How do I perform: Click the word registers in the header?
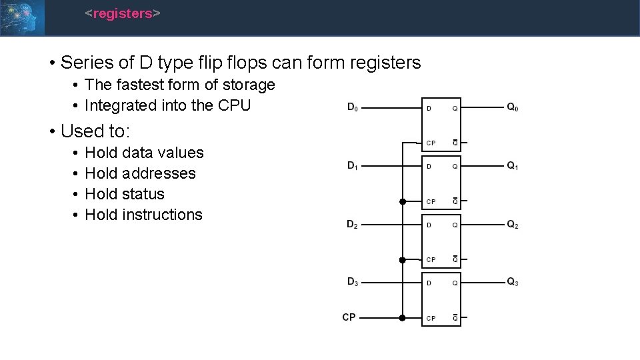pyautogui.click(x=123, y=13)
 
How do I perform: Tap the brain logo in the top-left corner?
pyautogui.click(x=22, y=17)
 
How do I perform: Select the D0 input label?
pyautogui.click(x=352, y=107)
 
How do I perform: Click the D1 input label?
pyautogui.click(x=352, y=166)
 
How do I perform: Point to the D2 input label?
pyautogui.click(x=352, y=225)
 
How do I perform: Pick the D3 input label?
pyautogui.click(x=352, y=282)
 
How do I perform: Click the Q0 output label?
pyautogui.click(x=512, y=107)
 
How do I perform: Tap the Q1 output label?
pyautogui.click(x=512, y=166)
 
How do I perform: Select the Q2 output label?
pyautogui.click(x=512, y=225)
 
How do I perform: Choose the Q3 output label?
pyautogui.click(x=512, y=282)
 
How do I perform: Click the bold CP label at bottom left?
pyautogui.click(x=349, y=317)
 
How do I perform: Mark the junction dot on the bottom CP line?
pyautogui.click(x=402, y=318)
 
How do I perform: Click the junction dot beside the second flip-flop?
pyautogui.click(x=402, y=201)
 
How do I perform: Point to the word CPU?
pyautogui.click(x=235, y=105)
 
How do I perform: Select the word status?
pyautogui.click(x=143, y=194)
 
